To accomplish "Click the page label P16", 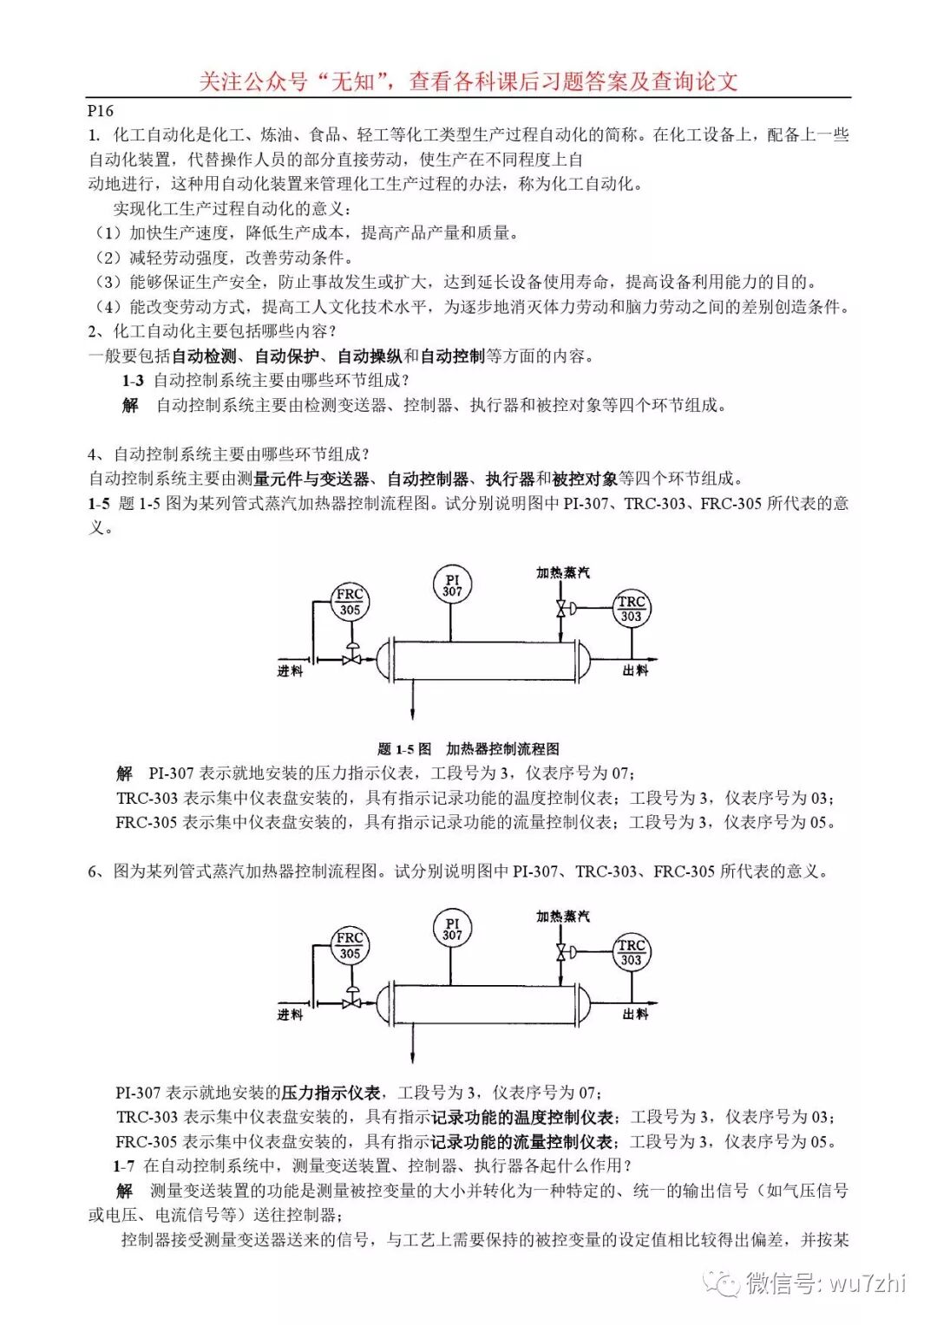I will pyautogui.click(x=101, y=110).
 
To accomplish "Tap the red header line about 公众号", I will pyautogui.click(x=468, y=82).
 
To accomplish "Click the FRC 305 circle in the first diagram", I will pyautogui.click(x=350, y=602).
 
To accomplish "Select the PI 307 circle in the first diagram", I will pyautogui.click(x=452, y=585).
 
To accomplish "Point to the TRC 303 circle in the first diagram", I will pyautogui.click(x=631, y=609).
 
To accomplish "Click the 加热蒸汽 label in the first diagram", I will pyautogui.click(x=562, y=572).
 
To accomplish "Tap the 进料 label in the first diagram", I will pyautogui.click(x=290, y=670).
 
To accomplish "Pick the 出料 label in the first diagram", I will pyautogui.click(x=635, y=670).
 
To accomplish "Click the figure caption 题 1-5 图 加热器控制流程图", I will pyautogui.click(x=468, y=748).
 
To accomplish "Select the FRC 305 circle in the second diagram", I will pyautogui.click(x=350, y=945).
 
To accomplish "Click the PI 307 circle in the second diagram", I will pyautogui.click(x=452, y=929).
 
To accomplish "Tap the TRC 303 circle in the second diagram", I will pyautogui.click(x=631, y=952).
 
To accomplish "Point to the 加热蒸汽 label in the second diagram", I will pyautogui.click(x=562, y=916).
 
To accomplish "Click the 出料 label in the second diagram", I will pyautogui.click(x=635, y=1014).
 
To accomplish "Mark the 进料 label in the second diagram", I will pyautogui.click(x=290, y=1014).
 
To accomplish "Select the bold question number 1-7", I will pyautogui.click(x=124, y=1165).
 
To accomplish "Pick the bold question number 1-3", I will pyautogui.click(x=133, y=380).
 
